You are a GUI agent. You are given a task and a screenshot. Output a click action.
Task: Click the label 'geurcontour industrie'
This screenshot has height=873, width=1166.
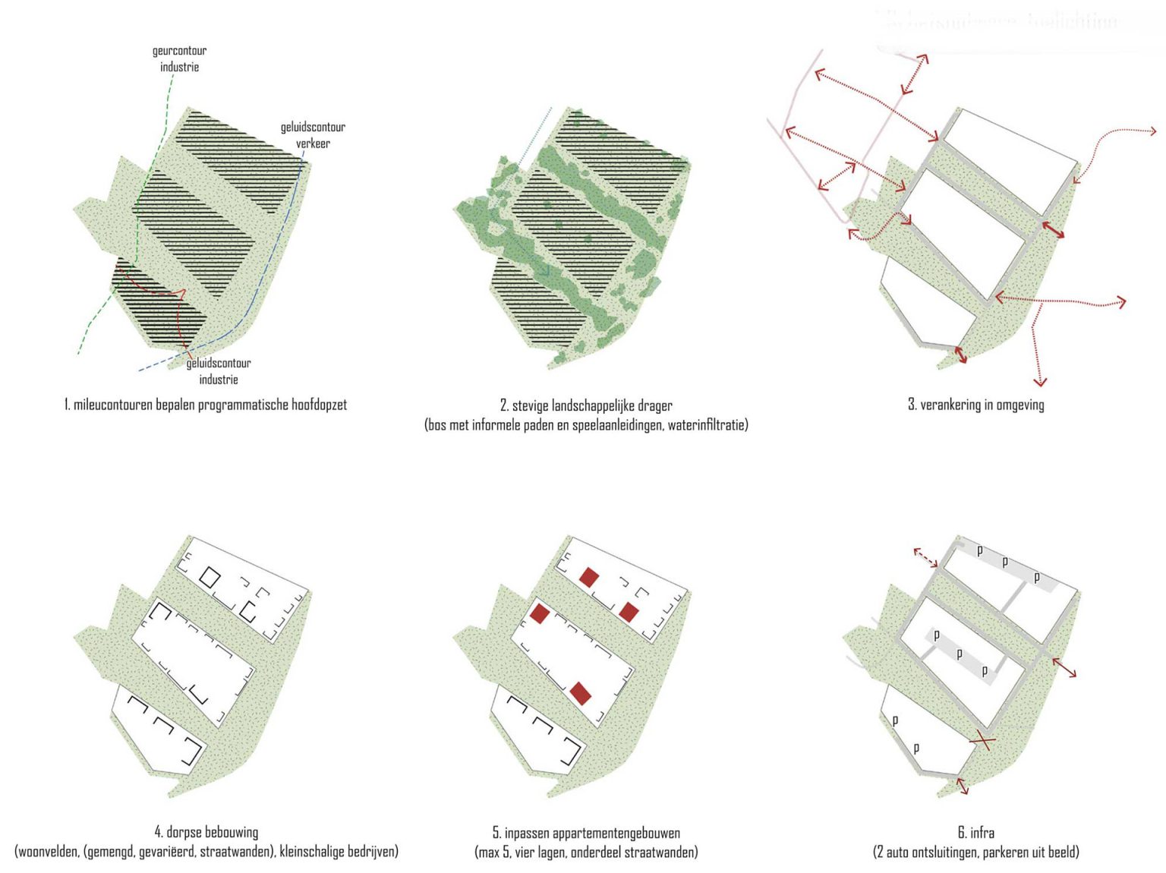pos(179,58)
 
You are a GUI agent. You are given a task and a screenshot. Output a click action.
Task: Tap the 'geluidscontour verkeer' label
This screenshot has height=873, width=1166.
pos(313,134)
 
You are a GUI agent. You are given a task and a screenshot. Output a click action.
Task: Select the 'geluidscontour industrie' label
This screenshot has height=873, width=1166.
pos(219,371)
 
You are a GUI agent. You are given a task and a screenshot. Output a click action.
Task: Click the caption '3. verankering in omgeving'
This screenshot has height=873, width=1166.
pos(975,405)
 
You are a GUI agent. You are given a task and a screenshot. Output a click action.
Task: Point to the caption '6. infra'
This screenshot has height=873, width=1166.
pos(975,833)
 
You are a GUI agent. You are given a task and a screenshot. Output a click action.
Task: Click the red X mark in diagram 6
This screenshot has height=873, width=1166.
pos(983,739)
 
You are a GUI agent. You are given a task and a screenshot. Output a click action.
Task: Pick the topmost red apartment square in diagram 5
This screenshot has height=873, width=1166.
pos(589,577)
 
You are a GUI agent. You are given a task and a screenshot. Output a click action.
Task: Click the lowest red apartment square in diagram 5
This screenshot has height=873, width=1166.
pos(581,693)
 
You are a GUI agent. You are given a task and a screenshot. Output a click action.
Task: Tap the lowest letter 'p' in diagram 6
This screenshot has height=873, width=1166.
pos(916,748)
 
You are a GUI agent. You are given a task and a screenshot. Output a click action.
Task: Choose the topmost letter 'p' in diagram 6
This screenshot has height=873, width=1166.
pos(980,550)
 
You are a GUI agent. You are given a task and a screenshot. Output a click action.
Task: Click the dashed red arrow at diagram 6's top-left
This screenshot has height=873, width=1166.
pos(925,557)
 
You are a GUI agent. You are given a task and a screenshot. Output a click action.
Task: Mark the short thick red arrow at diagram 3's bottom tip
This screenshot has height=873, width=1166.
pos(960,355)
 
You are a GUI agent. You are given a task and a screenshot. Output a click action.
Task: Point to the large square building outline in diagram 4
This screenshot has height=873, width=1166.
pos(210,577)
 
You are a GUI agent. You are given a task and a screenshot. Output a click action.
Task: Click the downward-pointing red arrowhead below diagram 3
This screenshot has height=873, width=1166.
pos(1040,382)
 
